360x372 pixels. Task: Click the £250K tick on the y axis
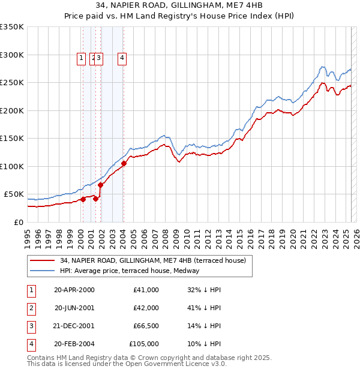coord(12,83)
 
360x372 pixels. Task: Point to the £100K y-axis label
coord(12,166)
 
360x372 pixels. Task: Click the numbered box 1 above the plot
coord(81,58)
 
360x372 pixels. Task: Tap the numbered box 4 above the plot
coord(122,58)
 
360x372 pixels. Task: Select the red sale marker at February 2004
coord(124,163)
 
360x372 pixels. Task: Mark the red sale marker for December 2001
coord(101,185)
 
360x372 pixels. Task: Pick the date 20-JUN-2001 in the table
coord(74,308)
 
